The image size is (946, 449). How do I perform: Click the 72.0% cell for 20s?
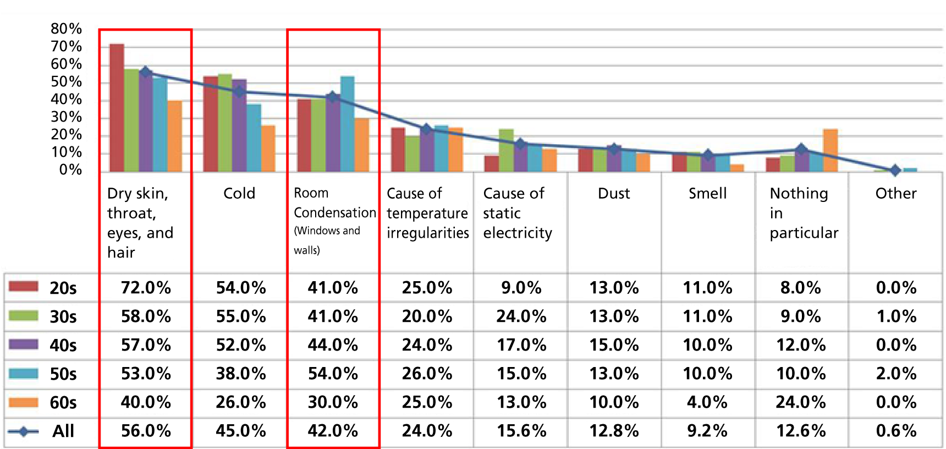(x=146, y=288)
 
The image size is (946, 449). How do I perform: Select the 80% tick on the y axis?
(x=66, y=29)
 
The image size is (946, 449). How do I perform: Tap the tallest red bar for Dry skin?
(x=117, y=107)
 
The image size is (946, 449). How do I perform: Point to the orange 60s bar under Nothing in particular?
(x=830, y=150)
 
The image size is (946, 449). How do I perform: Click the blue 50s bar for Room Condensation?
(x=347, y=124)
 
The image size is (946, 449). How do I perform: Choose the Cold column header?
(x=239, y=193)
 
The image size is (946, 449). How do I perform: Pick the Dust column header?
(x=614, y=193)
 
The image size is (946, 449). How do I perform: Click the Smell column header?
(x=707, y=193)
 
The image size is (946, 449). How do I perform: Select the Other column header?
(x=896, y=193)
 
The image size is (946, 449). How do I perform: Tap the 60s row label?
(x=63, y=403)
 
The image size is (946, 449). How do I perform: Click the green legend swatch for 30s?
(x=24, y=316)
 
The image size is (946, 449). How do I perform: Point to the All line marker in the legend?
(x=24, y=431)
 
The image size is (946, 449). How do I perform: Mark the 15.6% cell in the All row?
(x=521, y=431)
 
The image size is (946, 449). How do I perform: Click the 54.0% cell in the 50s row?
(x=333, y=374)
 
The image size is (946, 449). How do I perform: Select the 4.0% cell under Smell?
(x=707, y=402)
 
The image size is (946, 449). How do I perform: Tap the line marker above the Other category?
(x=895, y=171)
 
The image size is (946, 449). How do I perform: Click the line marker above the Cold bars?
(x=239, y=92)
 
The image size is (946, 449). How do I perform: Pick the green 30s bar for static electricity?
(x=506, y=150)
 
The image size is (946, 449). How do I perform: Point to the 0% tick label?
(x=70, y=169)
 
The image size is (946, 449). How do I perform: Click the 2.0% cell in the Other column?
(x=896, y=374)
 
